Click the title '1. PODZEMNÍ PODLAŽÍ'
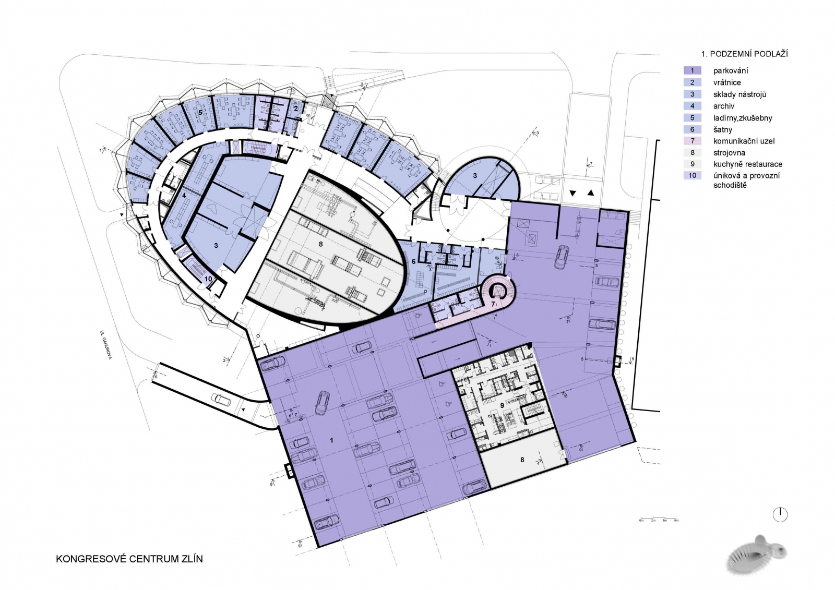point(744,54)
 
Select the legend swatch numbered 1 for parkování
point(693,70)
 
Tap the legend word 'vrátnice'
point(727,82)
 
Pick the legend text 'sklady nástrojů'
point(739,94)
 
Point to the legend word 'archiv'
point(724,106)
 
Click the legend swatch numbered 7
point(693,141)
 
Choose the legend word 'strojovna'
point(729,153)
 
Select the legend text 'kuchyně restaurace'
point(747,164)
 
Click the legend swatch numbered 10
point(693,175)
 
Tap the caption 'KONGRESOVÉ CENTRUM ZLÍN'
point(129,559)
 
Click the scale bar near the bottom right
point(659,520)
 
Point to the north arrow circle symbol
point(780,514)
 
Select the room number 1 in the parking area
point(332,441)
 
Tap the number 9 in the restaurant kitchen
point(502,405)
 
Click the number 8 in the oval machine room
point(320,244)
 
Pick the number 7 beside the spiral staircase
point(493,304)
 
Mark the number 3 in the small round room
point(475,176)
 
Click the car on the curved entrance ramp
point(222,400)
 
